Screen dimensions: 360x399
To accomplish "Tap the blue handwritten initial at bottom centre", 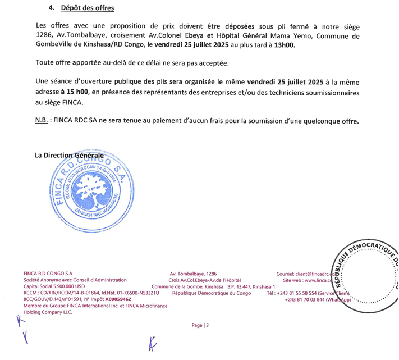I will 152,344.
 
